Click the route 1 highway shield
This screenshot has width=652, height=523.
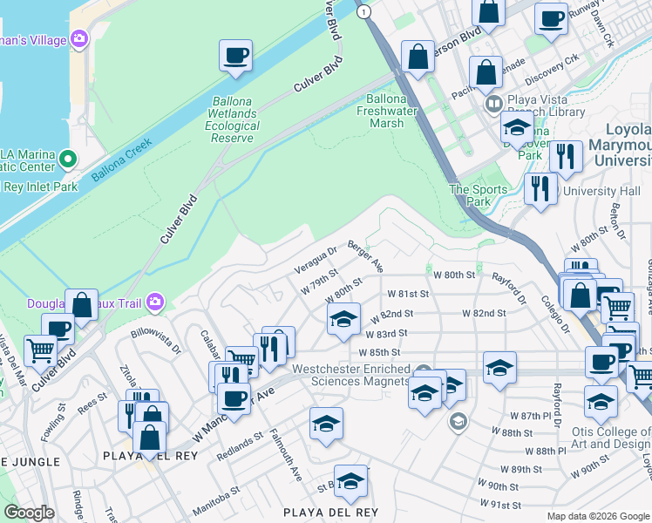point(363,11)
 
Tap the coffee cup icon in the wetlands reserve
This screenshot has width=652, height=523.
point(235,57)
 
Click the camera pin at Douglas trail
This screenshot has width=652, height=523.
point(156,302)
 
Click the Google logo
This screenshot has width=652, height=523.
point(30,513)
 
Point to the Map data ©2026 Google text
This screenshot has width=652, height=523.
point(598,516)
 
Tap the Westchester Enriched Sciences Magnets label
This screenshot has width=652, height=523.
point(350,375)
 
